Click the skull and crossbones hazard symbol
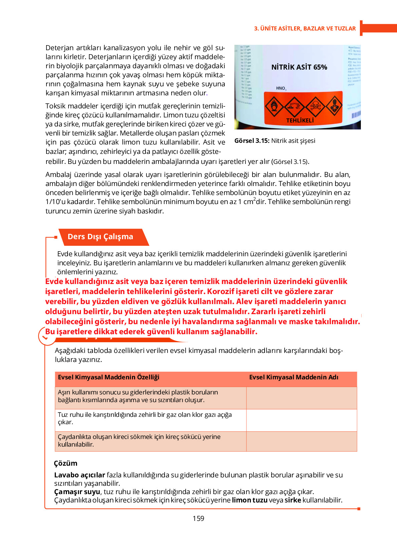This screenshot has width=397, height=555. [315, 106]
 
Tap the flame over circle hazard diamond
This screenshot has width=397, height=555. [274, 106]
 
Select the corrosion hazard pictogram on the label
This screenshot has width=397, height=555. [295, 106]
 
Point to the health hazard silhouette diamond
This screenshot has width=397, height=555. [334, 106]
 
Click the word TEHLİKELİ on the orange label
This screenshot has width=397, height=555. [300, 120]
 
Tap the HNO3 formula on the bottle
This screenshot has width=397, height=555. [281, 88]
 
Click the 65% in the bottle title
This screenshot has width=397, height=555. [320, 67]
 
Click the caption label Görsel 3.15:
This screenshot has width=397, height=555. [252, 141]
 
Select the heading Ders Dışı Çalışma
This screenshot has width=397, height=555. [100, 237]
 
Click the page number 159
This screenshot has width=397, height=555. [198, 518]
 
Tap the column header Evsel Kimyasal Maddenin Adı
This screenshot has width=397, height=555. [294, 377]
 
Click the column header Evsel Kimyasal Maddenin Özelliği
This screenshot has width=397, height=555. [108, 377]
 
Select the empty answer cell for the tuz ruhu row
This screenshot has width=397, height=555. [301, 420]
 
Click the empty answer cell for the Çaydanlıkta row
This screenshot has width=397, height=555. [301, 441]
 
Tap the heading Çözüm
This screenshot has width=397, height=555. [66, 463]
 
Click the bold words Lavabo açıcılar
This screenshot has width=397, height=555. [80, 475]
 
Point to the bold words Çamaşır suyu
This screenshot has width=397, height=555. [77, 492]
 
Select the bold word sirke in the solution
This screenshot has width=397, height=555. [293, 500]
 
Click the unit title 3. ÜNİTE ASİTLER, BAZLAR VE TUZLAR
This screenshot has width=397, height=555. [305, 28]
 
